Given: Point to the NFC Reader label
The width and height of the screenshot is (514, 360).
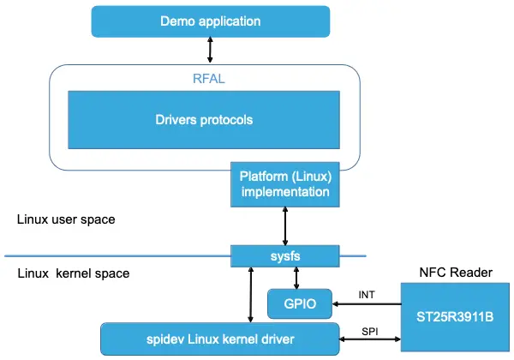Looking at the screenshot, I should [x=455, y=273].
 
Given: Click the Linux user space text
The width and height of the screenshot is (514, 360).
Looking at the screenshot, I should [x=66, y=219].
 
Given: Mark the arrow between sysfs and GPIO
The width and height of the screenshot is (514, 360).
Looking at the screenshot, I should [x=296, y=276].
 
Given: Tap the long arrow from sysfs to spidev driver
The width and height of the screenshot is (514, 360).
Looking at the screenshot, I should [x=249, y=293].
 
